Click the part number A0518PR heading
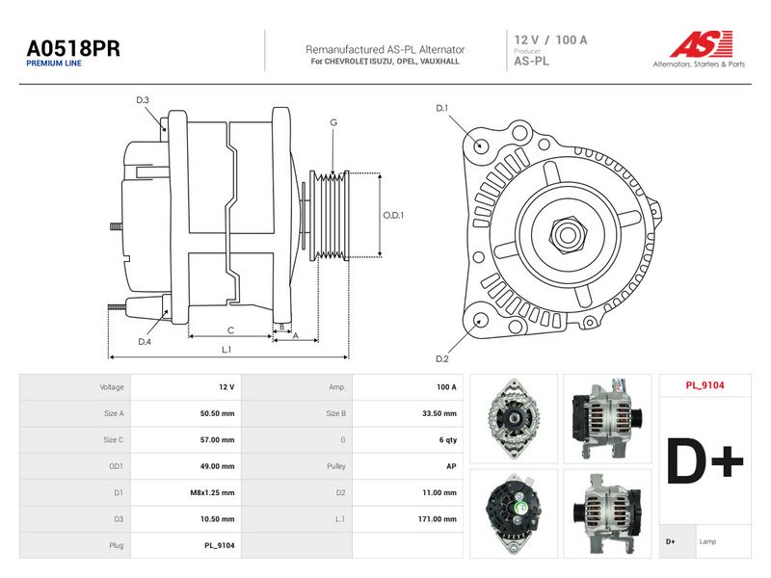click(73, 48)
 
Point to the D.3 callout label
click(143, 100)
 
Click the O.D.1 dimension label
click(393, 215)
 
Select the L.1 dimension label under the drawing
click(226, 350)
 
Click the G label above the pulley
click(333, 122)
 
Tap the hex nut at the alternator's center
click(567, 234)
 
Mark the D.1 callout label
click(442, 108)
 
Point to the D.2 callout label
click(442, 358)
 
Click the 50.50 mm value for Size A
click(218, 413)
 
